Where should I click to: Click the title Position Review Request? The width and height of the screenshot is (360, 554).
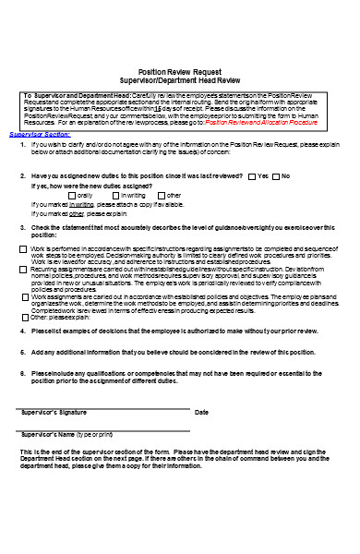180,71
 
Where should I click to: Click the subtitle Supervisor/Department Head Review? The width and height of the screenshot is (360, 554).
180,79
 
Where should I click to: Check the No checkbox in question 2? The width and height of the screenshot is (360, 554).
276,175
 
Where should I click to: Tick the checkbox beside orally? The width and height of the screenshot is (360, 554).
73,196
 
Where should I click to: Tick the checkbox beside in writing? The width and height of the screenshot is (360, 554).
116,196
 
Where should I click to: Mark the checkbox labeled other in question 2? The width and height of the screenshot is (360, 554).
161,196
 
